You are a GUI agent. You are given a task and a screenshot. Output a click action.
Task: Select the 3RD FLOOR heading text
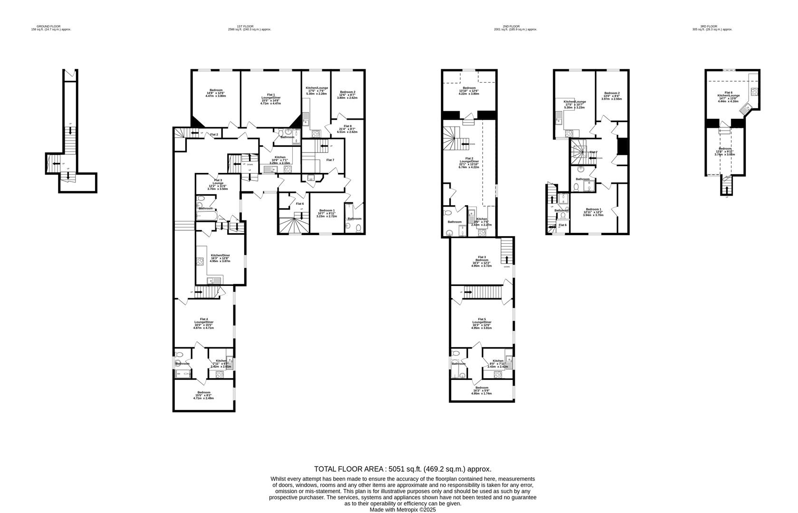pyautogui.click(x=711, y=26)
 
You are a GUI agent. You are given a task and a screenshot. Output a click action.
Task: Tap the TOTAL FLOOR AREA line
pyautogui.click(x=403, y=469)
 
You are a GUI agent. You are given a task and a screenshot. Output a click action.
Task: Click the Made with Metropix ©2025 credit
pyautogui.click(x=403, y=510)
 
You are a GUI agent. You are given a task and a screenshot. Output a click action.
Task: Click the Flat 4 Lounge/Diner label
pyautogui.click(x=203, y=323)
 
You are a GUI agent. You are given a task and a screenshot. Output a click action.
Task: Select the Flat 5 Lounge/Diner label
pyautogui.click(x=481, y=323)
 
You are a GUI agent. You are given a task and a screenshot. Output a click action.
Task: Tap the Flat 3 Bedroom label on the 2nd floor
pyautogui.click(x=481, y=261)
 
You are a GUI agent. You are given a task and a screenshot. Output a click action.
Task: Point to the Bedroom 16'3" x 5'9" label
pyautogui.click(x=481, y=390)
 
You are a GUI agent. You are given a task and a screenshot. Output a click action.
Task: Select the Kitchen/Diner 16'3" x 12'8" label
pyautogui.click(x=220, y=258)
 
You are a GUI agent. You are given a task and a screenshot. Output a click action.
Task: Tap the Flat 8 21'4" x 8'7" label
pyautogui.click(x=346, y=129)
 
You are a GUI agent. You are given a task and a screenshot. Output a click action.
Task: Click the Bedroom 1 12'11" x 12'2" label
pyautogui.click(x=593, y=212)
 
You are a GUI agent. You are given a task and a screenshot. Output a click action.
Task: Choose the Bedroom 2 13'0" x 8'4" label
pyautogui.click(x=612, y=96)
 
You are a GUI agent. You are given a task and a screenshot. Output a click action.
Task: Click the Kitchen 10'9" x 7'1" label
pyautogui.click(x=279, y=160)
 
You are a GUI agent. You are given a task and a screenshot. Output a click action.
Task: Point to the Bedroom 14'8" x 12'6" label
pyautogui.click(x=215, y=93)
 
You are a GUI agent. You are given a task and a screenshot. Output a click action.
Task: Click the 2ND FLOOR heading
pyautogui.click(x=515, y=26)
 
